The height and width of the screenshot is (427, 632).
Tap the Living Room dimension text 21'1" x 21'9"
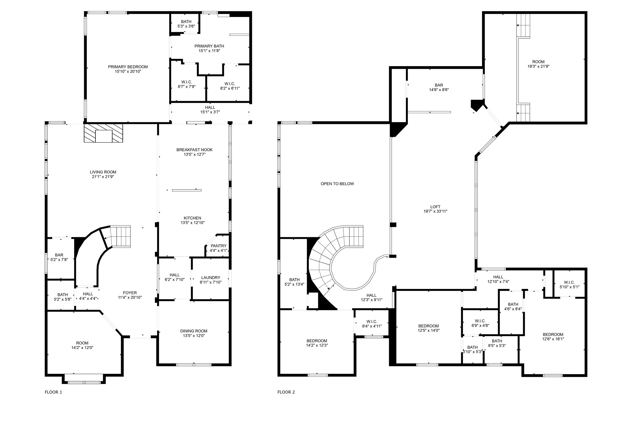point(103,177)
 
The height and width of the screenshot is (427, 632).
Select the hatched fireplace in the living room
point(103,133)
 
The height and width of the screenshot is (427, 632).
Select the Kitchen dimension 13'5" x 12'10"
point(193,223)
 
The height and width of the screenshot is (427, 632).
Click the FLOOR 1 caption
point(53,392)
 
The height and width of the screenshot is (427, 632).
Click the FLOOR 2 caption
point(286,392)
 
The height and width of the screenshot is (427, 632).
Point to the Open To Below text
point(337,184)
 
